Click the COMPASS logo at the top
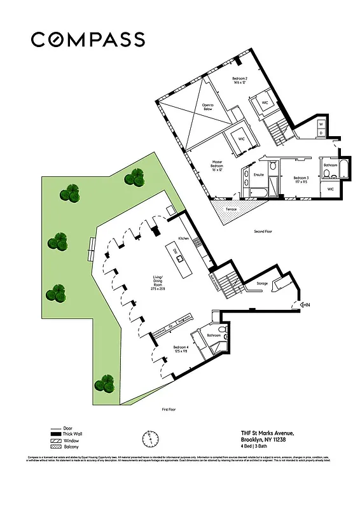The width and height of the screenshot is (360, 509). click(88, 39)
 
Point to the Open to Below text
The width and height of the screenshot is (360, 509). click(208, 107)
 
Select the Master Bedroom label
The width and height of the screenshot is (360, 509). click(217, 165)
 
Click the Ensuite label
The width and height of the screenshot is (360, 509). click(258, 174)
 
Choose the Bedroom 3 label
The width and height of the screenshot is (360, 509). click(301, 179)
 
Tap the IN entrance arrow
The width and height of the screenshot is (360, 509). click(305, 305)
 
